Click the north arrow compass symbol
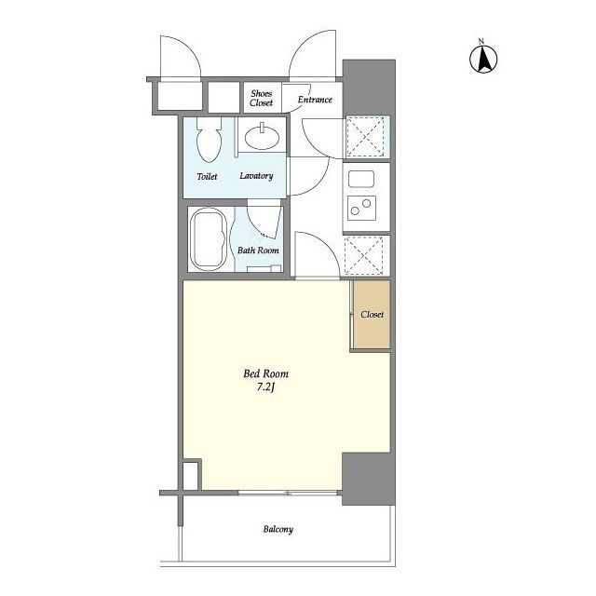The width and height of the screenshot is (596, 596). (x=483, y=59)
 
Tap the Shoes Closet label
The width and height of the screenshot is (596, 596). (x=261, y=98)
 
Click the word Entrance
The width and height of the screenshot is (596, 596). (x=315, y=100)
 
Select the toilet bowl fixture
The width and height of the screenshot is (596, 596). (x=209, y=139)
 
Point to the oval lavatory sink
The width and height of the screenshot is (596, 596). (x=262, y=137)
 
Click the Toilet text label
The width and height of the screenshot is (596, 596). (x=207, y=176)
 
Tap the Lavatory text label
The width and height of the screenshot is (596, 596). (x=256, y=176)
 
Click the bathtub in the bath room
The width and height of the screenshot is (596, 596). (x=209, y=239)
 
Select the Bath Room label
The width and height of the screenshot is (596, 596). (x=258, y=251)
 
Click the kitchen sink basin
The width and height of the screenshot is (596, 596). (x=361, y=179)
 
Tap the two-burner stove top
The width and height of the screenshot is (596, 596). (x=361, y=208)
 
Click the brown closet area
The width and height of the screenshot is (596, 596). (x=372, y=314)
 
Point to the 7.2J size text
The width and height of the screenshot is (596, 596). (x=265, y=387)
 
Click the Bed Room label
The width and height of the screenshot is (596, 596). (x=265, y=373)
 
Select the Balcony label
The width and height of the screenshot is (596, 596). (x=278, y=529)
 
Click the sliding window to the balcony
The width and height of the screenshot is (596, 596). (x=288, y=493)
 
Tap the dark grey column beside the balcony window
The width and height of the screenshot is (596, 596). (x=369, y=479)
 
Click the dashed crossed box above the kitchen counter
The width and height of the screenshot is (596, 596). (x=365, y=137)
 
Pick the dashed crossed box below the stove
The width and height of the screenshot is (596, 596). (x=364, y=255)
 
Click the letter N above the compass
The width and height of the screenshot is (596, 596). (x=481, y=41)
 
